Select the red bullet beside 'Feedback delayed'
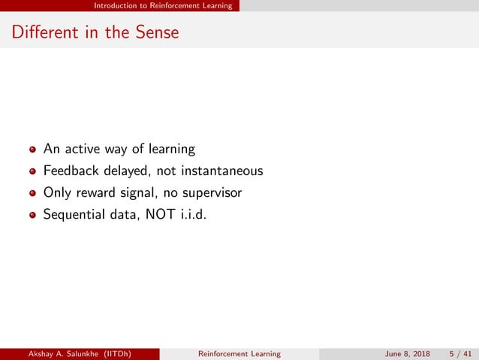pyautogui.click(x=32, y=171)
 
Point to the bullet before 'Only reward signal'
pyautogui.click(x=32, y=192)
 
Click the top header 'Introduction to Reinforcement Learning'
pyautogui.click(x=163, y=5)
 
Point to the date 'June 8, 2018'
pyautogui.click(x=408, y=353)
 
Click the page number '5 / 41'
pyautogui.click(x=459, y=353)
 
